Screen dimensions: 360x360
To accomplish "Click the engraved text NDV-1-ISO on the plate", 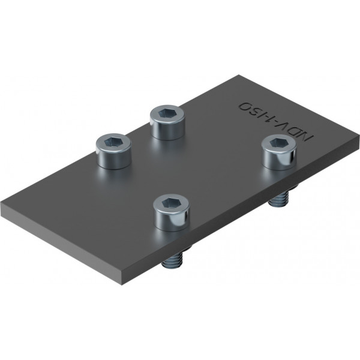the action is pyautogui.click(x=276, y=119).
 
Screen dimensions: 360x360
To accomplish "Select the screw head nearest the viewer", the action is pyautogui.click(x=171, y=212).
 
